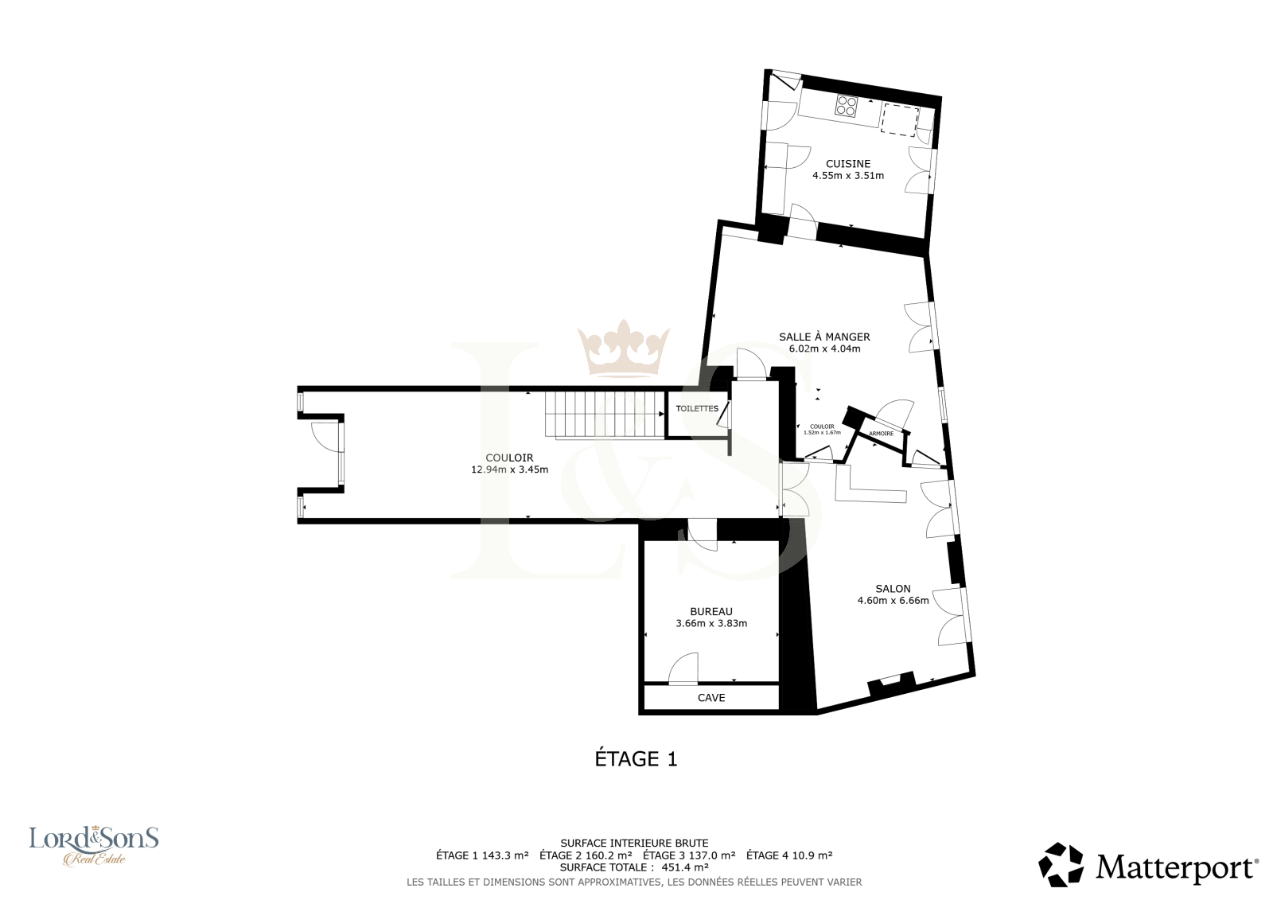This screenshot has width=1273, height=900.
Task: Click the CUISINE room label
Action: point(848,164)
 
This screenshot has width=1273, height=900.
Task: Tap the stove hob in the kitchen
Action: point(847,107)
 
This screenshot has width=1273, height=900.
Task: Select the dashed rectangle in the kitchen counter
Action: point(900,121)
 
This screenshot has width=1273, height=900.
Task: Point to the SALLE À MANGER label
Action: point(824,337)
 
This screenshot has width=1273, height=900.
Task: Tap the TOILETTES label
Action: point(697,408)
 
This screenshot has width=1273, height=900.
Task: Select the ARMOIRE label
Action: point(881,434)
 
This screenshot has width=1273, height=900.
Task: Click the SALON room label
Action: point(893,588)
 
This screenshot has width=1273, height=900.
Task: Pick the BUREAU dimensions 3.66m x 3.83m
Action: point(711,623)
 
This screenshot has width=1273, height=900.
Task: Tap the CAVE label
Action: point(711,698)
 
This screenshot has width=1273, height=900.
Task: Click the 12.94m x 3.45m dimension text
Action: point(509,469)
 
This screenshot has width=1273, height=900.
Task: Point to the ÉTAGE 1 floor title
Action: point(636,759)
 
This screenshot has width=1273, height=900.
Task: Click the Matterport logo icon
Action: point(1061,865)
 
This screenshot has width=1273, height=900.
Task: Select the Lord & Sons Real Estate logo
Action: point(94,845)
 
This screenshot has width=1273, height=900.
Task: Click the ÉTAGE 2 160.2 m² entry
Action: point(586,855)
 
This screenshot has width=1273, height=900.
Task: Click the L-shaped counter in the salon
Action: point(870,485)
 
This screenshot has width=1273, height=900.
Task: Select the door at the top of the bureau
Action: point(703,536)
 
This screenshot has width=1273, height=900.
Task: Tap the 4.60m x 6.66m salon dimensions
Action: point(893,600)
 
